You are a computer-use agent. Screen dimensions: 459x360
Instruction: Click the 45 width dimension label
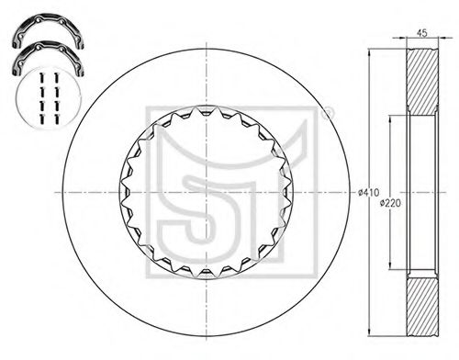click(x=421, y=33)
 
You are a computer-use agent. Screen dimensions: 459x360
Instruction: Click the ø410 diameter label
click(x=369, y=192)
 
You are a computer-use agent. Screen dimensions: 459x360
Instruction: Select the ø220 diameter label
click(x=390, y=203)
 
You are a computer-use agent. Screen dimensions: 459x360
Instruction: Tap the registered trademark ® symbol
click(x=328, y=113)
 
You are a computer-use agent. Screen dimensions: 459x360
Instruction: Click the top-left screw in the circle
click(x=42, y=78)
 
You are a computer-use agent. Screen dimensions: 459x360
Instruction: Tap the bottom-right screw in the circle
click(x=56, y=119)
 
